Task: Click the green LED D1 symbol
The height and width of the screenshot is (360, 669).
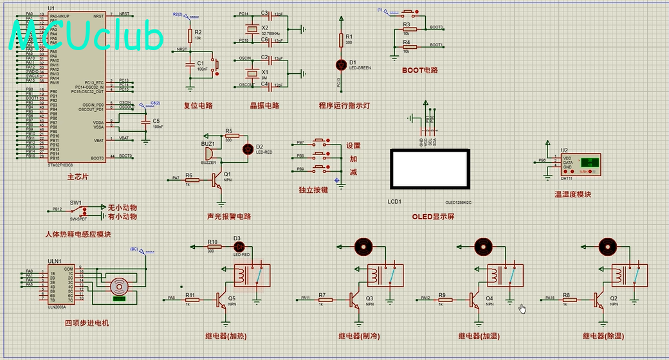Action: coord(341,64)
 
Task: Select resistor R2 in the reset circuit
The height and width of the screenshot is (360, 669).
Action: coord(190,36)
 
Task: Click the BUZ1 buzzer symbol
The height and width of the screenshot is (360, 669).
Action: coord(209,152)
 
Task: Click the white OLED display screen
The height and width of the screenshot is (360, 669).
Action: coord(429,169)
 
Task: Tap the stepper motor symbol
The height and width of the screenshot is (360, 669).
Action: coord(118,287)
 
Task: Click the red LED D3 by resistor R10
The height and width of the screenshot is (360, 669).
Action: coord(239,246)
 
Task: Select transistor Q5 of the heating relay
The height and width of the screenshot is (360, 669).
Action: coord(222,299)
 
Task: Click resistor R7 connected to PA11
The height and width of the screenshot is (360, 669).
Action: coord(323,299)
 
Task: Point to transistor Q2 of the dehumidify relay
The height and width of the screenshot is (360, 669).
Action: coord(600,299)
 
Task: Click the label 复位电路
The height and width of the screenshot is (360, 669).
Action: coord(198,105)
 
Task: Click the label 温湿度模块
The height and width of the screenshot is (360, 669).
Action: coord(573,194)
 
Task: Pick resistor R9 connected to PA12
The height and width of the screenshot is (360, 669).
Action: coord(443,299)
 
